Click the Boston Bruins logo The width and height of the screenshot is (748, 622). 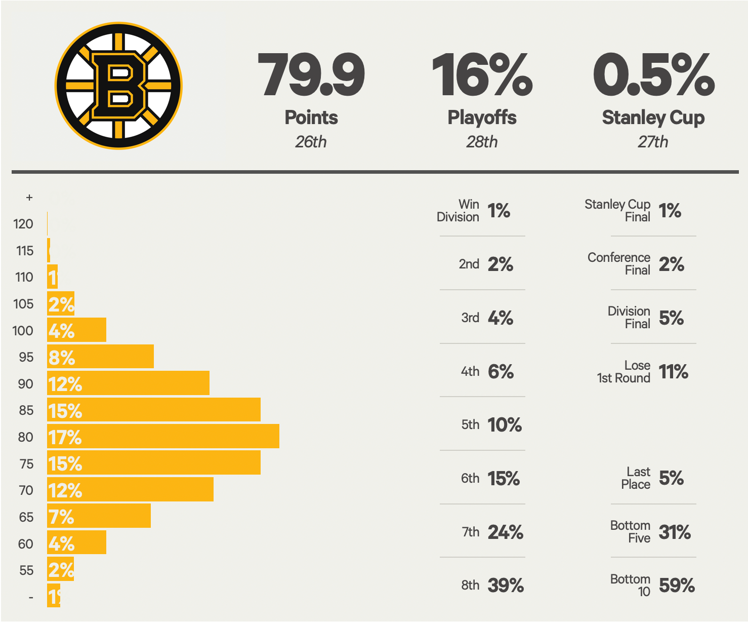(118, 86)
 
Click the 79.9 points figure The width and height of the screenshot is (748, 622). (311, 75)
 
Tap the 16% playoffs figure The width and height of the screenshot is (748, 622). (482, 75)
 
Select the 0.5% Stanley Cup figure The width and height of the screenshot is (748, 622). (653, 75)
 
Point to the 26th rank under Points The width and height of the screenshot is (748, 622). (311, 142)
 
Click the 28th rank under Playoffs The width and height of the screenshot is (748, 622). (482, 142)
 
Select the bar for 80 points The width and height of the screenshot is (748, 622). (163, 436)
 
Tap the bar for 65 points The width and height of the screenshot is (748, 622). (99, 516)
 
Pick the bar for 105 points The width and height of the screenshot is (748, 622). (61, 303)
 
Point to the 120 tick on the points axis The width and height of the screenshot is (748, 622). (23, 224)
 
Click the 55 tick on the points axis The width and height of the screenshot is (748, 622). (26, 570)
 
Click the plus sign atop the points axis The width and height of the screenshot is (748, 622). (29, 198)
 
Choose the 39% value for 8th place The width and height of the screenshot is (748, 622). (506, 586)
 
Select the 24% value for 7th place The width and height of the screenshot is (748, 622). (506, 532)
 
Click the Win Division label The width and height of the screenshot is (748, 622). (459, 211)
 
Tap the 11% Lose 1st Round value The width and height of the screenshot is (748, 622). (673, 372)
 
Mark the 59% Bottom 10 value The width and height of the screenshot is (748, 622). (677, 586)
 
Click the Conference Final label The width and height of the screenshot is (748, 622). (619, 264)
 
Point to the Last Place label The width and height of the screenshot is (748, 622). (636, 478)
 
